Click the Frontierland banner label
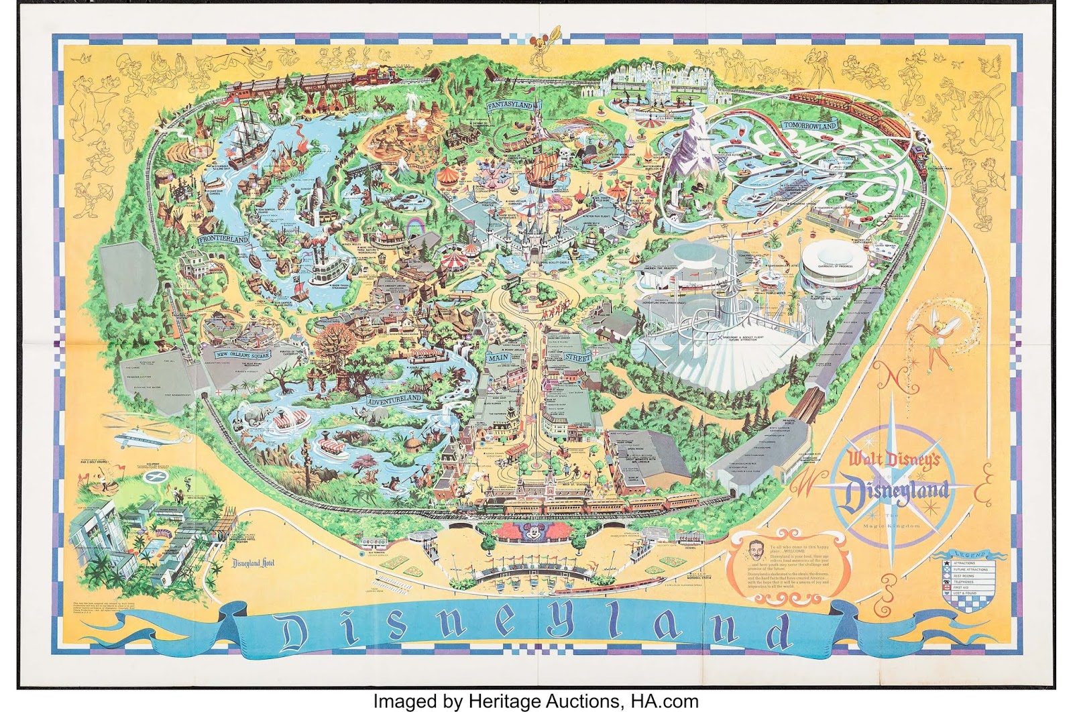pyautogui.click(x=223, y=239)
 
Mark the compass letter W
pyautogui.click(x=803, y=483)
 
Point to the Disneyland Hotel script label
pyautogui.click(x=253, y=563)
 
